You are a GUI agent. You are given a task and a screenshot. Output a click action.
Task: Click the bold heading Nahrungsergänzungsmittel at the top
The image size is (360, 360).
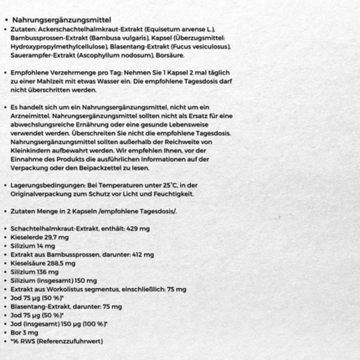(x=62, y=20)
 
